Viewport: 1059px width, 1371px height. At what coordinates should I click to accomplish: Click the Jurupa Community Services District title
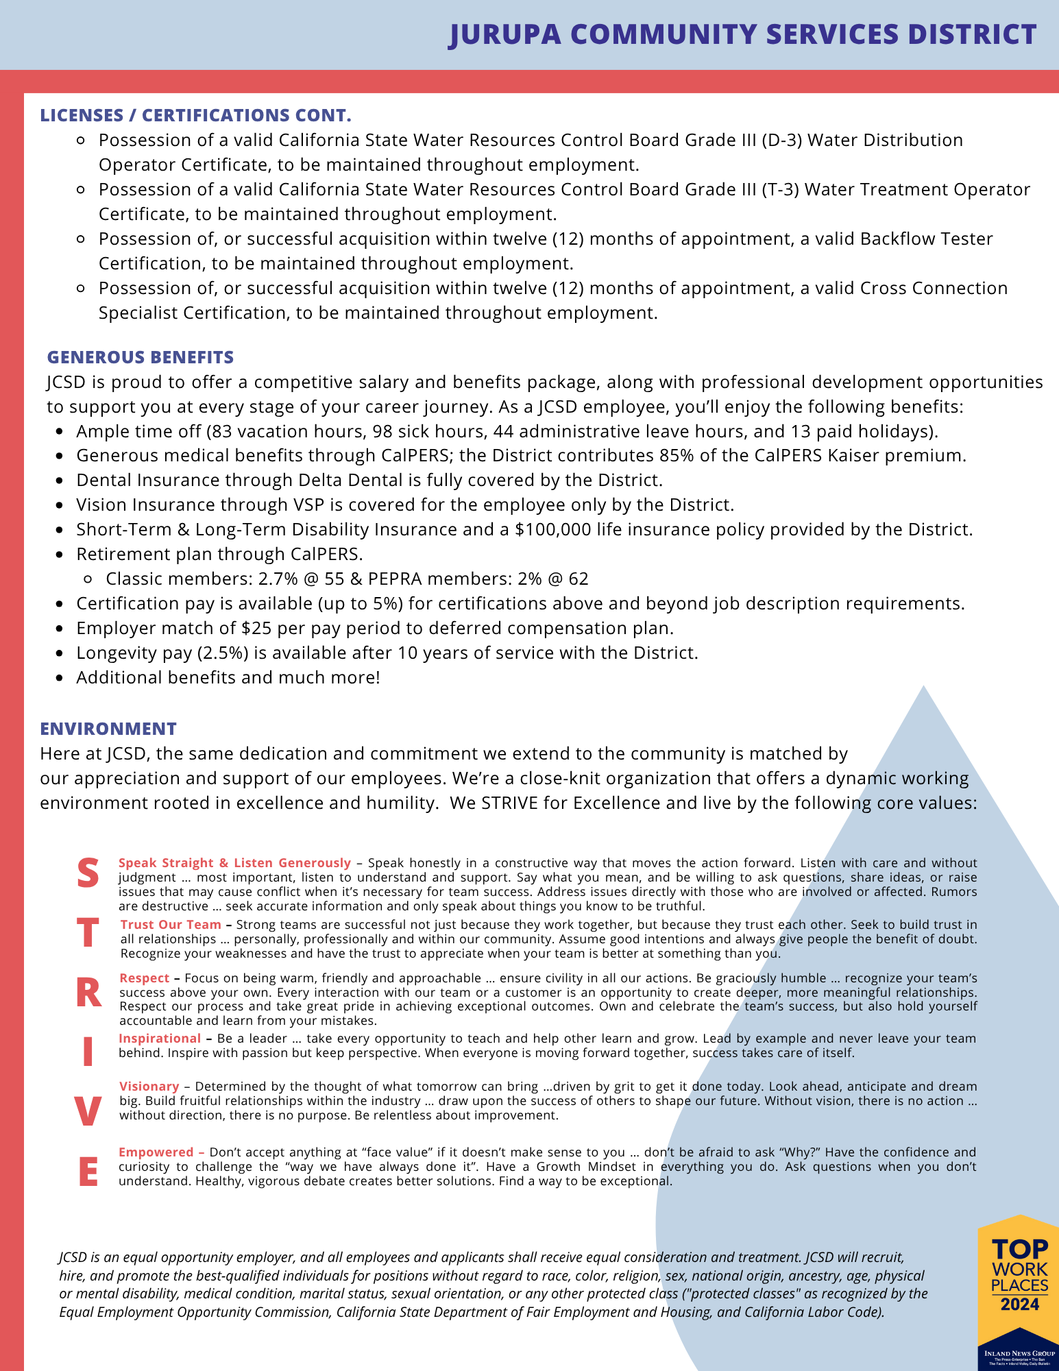click(742, 35)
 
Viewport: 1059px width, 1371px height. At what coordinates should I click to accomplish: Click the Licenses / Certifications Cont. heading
click(195, 115)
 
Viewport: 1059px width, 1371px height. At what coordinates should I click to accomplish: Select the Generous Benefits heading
click(141, 357)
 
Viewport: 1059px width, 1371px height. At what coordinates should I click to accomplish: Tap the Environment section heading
click(108, 729)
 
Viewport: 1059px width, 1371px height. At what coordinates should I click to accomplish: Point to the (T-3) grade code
click(780, 190)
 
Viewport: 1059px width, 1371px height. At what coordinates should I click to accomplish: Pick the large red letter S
click(88, 873)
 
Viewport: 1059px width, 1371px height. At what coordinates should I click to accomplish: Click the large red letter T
click(88, 933)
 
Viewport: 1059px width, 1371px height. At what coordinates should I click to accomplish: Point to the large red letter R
click(88, 993)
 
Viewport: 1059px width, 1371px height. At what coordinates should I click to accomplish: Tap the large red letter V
click(88, 1112)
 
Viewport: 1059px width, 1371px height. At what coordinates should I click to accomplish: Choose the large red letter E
click(88, 1172)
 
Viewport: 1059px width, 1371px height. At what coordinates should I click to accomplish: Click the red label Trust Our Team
click(171, 925)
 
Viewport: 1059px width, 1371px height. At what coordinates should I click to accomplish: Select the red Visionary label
click(149, 1087)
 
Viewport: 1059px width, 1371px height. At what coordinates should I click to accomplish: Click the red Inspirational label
click(160, 1039)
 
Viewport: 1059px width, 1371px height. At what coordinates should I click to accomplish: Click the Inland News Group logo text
click(1019, 1354)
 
